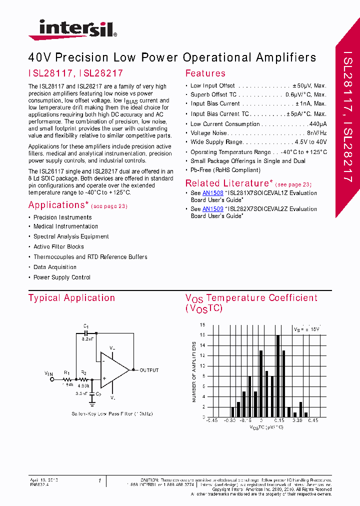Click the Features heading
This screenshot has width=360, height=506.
pos(205,73)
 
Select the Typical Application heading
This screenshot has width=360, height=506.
pos(71,298)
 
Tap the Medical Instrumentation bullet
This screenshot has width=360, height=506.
pos(65,226)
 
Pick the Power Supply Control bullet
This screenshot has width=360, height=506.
pos(62,277)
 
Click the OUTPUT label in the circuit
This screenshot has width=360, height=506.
pos(149,370)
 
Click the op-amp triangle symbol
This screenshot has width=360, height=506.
pos(113,370)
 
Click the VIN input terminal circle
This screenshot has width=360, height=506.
pos(50,380)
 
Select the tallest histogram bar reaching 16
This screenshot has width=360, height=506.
pos(278,375)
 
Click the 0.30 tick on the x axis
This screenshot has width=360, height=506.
pos(298,421)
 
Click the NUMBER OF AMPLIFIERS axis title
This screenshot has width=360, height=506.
pos(194,372)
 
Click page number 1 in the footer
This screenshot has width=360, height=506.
pos(99,481)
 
